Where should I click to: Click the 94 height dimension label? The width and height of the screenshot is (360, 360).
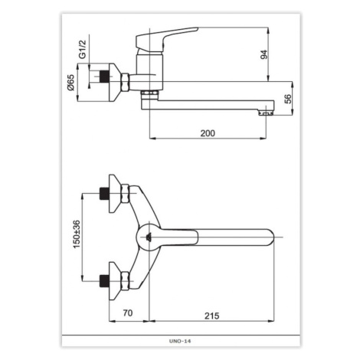click(264, 54)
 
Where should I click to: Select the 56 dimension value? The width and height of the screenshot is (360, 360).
click(288, 99)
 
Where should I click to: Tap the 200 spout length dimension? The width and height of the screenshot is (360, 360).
click(208, 133)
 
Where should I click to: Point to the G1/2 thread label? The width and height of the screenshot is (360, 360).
click(83, 49)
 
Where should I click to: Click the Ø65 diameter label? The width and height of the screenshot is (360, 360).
click(70, 82)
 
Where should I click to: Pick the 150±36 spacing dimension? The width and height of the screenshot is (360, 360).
click(77, 234)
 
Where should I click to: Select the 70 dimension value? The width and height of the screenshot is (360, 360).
click(128, 313)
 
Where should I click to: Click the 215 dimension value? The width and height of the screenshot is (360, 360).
click(211, 316)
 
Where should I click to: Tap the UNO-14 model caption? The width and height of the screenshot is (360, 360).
click(180, 341)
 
